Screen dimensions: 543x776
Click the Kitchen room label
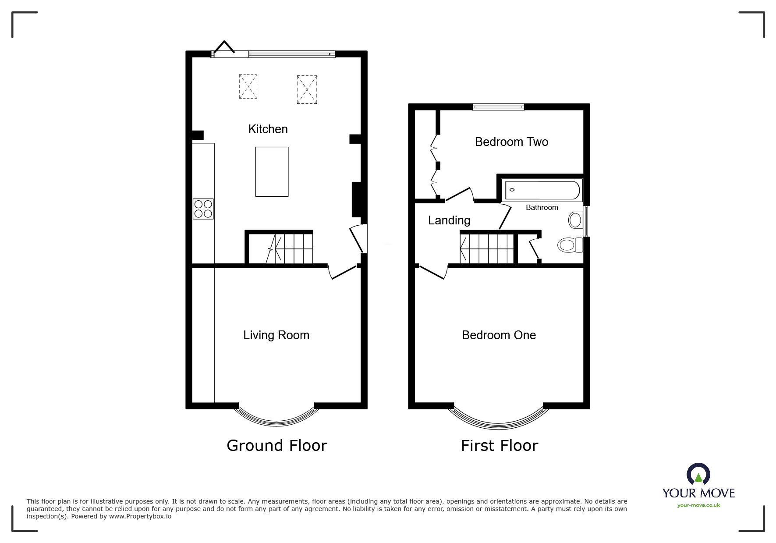[268, 129]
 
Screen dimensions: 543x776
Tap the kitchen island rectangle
[272, 172]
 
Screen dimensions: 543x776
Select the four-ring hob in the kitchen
[203, 209]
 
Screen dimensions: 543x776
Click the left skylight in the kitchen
[248, 86]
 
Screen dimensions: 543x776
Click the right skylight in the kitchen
[307, 90]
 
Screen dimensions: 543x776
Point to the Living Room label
[276, 335]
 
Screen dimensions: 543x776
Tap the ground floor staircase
[289, 248]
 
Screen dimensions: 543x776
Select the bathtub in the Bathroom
[542, 191]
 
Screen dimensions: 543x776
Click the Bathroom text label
[542, 208]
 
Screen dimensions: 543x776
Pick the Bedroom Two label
[511, 142]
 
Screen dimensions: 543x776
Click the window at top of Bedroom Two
[498, 106]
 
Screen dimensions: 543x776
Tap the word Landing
[449, 220]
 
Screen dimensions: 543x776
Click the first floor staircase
[486, 248]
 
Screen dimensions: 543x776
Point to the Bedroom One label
[499, 335]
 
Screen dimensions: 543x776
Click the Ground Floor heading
[276, 446]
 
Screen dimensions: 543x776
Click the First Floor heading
[499, 446]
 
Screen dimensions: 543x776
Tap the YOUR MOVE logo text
[698, 493]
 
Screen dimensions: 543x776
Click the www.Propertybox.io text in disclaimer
[140, 516]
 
